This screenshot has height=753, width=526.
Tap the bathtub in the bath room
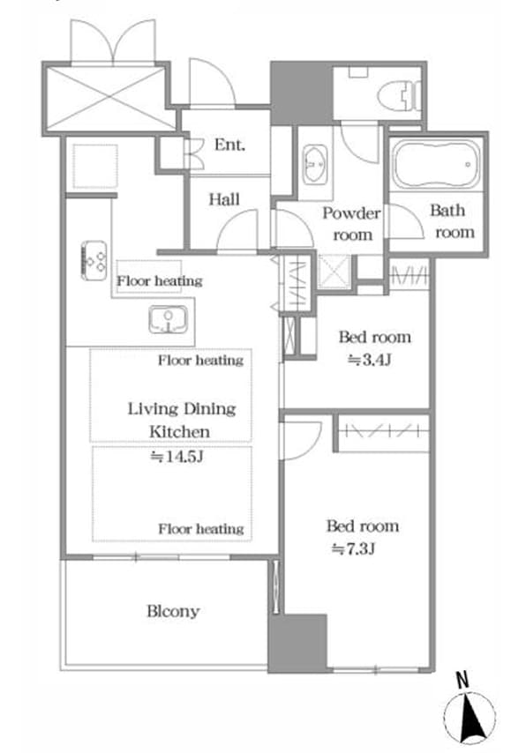(x=436, y=164)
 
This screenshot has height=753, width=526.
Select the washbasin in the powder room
(x=315, y=164)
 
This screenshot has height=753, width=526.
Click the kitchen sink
(x=168, y=319)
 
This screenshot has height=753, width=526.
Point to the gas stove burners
(x=94, y=260)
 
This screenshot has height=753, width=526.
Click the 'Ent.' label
(x=229, y=144)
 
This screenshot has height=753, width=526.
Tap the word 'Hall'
(x=224, y=199)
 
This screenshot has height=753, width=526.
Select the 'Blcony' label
(x=173, y=611)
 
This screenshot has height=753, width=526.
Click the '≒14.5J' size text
(x=177, y=456)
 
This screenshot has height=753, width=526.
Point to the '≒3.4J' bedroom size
(x=369, y=359)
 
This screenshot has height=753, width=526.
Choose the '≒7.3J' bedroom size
(x=353, y=548)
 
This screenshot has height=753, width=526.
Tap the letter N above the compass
(x=462, y=680)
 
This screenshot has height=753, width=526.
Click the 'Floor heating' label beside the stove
(x=160, y=280)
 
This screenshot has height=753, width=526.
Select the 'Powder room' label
(x=352, y=224)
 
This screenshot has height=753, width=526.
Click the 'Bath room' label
(x=452, y=221)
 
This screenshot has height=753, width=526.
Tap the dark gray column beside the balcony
(x=297, y=643)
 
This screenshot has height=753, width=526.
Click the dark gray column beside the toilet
(x=302, y=93)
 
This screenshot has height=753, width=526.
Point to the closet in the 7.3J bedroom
(x=382, y=432)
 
